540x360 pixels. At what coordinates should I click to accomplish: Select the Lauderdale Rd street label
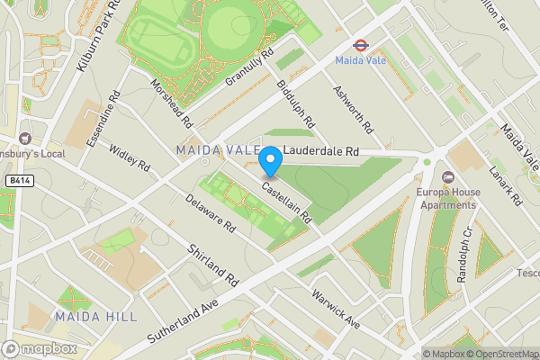(x=321, y=153)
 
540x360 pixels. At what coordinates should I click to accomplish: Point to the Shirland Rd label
(x=212, y=262)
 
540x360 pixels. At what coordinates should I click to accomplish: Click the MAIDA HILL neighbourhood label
(x=95, y=316)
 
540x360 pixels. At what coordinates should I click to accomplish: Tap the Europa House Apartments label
(x=446, y=197)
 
